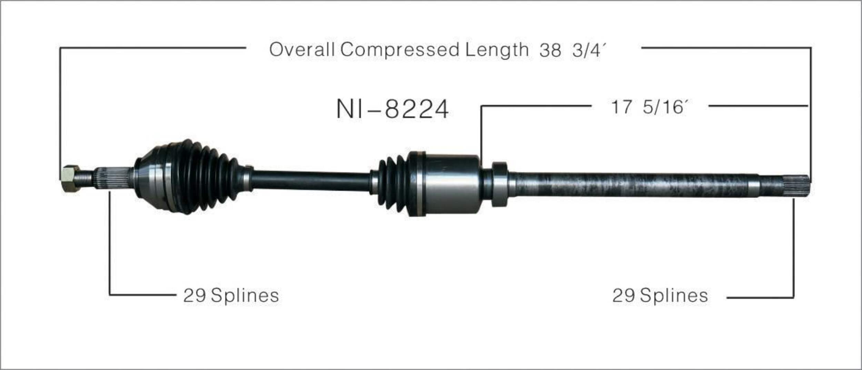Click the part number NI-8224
[392, 109]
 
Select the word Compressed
[400, 50]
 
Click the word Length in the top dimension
[497, 50]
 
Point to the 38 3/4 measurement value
[572, 50]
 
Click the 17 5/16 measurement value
[650, 107]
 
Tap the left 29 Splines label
[231, 296]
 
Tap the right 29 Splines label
[660, 296]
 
